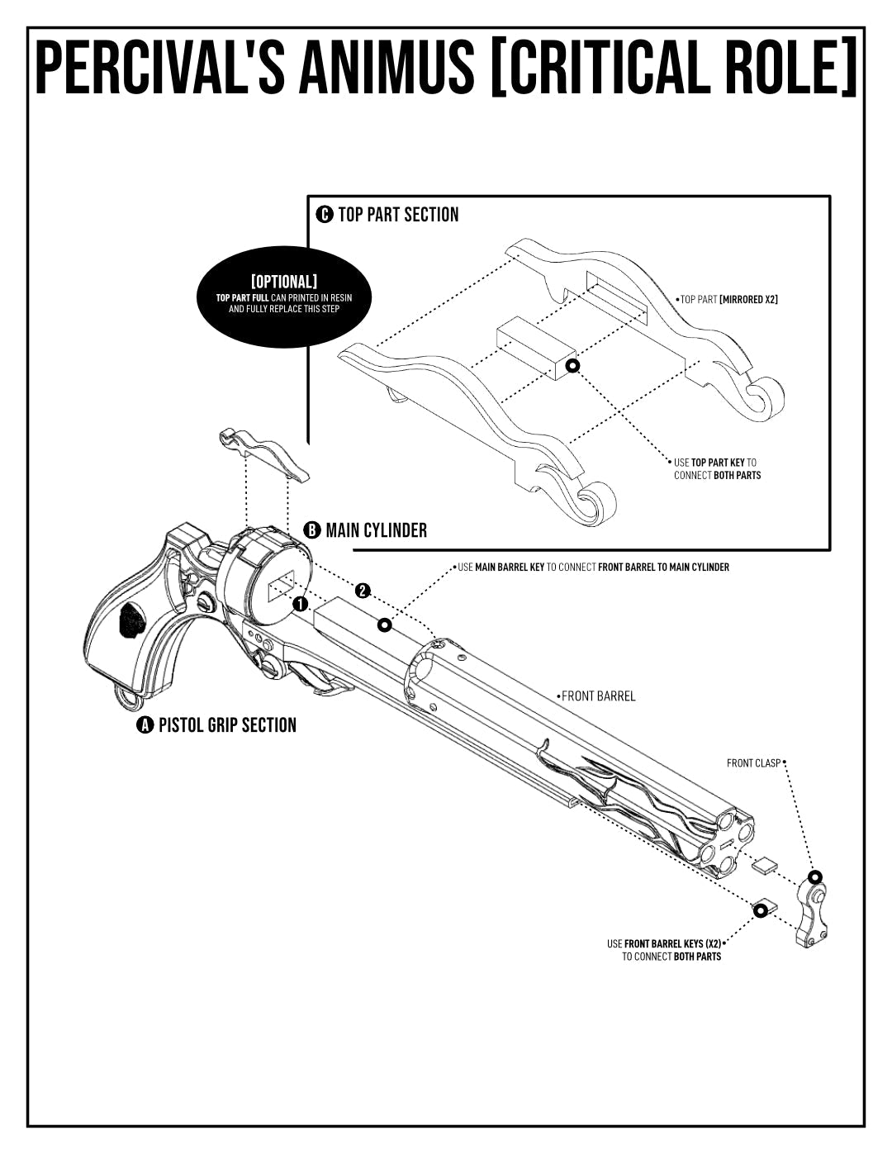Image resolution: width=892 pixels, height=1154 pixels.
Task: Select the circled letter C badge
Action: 324,215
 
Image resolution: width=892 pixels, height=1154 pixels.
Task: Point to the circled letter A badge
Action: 145,725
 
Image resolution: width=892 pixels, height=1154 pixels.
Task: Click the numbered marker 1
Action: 301,604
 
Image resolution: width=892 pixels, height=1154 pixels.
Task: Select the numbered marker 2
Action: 363,591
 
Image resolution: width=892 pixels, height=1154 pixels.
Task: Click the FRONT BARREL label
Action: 598,696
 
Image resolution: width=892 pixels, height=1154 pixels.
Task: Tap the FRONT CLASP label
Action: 753,763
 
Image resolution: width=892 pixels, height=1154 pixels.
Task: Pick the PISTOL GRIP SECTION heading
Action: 227,725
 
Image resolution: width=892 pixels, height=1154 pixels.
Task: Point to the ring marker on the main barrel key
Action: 385,625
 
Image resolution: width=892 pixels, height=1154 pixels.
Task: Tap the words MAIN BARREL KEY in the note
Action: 510,568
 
